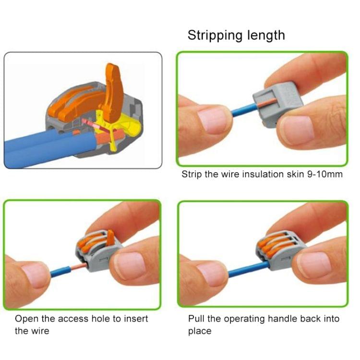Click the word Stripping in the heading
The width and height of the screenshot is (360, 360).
tap(211, 36)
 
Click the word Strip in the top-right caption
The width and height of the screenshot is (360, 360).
tap(192, 174)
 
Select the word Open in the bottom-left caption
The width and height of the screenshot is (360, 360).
tap(25, 319)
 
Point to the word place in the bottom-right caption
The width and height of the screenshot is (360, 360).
tap(200, 331)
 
